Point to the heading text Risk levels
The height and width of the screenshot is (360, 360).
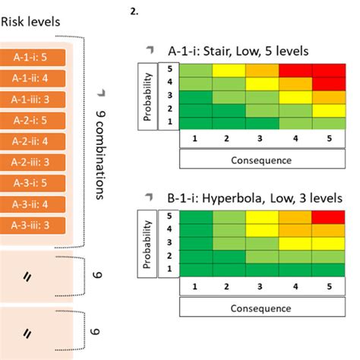[x=30, y=23]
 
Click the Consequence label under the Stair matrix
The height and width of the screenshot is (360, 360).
[x=262, y=160]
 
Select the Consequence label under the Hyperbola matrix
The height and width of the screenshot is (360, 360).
[x=262, y=308]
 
